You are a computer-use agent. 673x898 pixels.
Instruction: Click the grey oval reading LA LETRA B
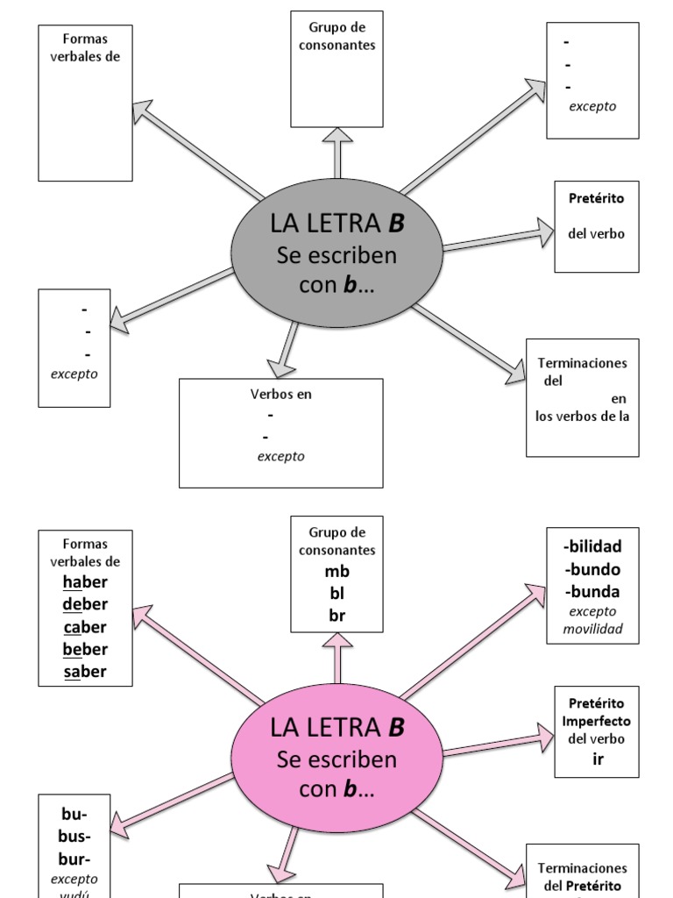tap(337, 255)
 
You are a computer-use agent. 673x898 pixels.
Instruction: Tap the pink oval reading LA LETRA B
tap(337, 759)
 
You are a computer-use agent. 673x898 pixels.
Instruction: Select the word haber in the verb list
tap(85, 582)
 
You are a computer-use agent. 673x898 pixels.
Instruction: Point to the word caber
tap(85, 627)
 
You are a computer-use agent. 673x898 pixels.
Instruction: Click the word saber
tap(85, 672)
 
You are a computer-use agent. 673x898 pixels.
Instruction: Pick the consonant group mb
tap(337, 572)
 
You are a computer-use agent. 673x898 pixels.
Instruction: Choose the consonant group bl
tap(337, 594)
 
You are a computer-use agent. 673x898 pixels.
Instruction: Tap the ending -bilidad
tap(592, 547)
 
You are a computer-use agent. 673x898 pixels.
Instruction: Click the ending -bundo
tap(592, 569)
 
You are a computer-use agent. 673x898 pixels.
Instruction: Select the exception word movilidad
tap(592, 629)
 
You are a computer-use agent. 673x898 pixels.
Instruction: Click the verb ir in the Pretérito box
tap(598, 759)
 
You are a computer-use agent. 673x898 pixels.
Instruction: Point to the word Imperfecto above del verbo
tap(596, 721)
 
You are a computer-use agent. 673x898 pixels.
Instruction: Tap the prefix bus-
tap(74, 835)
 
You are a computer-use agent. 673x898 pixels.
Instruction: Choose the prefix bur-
tap(74, 857)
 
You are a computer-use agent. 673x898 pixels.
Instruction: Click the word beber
tap(85, 650)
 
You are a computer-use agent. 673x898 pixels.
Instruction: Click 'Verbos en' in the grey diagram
tap(281, 394)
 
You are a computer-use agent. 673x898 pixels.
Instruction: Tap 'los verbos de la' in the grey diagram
tap(583, 417)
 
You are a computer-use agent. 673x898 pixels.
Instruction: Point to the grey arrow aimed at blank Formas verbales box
tap(197, 149)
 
